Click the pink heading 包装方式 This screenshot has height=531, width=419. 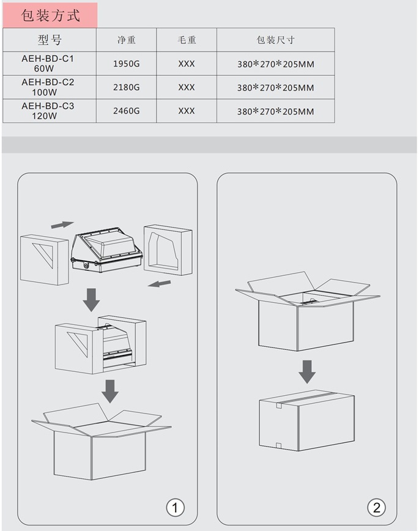(51, 15)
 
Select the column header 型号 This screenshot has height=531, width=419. (50, 40)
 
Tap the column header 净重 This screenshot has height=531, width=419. (127, 40)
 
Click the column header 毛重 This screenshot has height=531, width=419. (187, 40)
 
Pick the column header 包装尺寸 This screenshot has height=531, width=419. (275, 40)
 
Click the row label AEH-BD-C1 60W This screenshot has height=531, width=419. (48, 64)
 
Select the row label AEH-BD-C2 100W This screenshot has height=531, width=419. (48, 87)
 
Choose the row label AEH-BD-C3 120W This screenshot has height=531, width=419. (48, 111)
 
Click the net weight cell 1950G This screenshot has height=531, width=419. (127, 64)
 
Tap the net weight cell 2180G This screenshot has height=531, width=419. (127, 87)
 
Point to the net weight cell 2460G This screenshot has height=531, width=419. (127, 111)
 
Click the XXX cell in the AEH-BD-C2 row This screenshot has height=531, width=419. (187, 87)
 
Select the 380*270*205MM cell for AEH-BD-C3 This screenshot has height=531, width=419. (275, 111)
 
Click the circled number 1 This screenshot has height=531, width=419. (175, 508)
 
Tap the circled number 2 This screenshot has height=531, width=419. (376, 508)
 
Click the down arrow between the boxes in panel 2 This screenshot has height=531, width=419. (307, 372)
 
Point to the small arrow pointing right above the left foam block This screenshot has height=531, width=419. (62, 225)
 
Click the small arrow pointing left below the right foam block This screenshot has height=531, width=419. (159, 283)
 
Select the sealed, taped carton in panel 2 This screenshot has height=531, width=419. (307, 420)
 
